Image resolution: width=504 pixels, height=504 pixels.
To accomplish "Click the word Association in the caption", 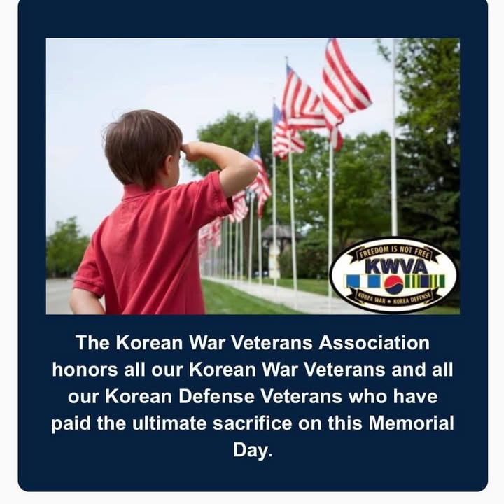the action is point(374,343).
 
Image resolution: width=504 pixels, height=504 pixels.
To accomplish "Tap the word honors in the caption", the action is point(85,370).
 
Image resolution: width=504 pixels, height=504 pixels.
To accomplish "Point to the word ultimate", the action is point(169,423).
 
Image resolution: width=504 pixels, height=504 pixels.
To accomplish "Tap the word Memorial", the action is point(411,423).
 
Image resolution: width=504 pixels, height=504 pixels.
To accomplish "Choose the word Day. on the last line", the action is point(253,451).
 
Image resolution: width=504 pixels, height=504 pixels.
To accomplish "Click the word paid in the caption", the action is point(71,423).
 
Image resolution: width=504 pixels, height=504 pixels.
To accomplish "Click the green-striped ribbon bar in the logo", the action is point(424,281).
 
